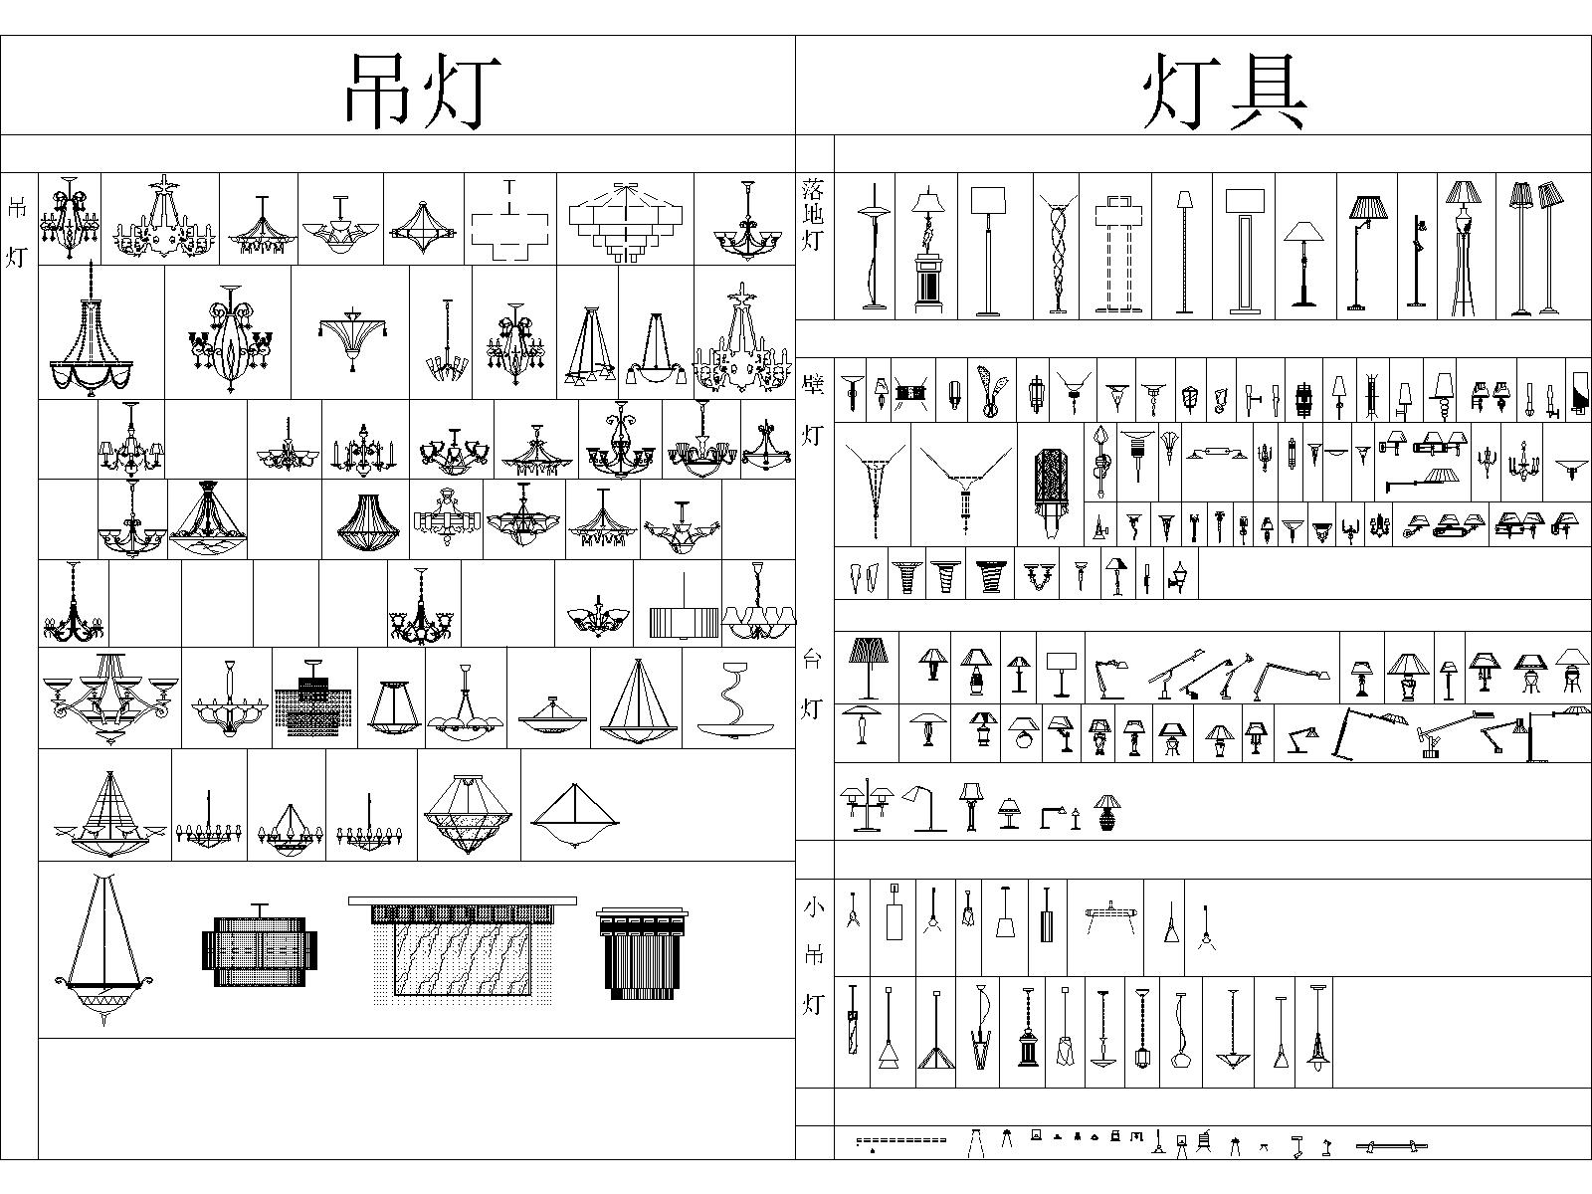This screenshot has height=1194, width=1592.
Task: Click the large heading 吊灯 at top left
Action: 423,93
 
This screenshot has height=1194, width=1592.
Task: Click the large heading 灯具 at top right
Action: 1225,93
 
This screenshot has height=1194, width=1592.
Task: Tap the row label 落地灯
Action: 812,215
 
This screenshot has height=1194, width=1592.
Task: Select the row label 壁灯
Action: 812,410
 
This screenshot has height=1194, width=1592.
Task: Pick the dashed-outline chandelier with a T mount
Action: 509,220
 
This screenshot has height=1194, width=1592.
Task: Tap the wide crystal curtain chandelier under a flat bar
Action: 463,950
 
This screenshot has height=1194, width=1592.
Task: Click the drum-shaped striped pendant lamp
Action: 684,621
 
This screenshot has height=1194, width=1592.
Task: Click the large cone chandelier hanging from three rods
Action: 103,949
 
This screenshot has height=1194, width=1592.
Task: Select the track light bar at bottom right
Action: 1392,1146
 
